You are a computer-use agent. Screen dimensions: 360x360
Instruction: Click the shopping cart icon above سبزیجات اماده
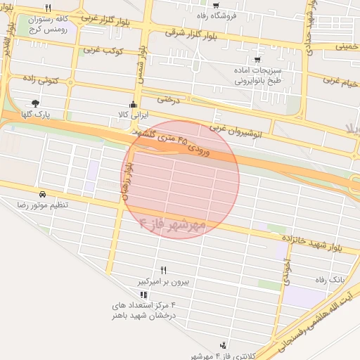click(257, 60)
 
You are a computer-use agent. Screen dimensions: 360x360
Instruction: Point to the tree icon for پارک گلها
click(36, 103)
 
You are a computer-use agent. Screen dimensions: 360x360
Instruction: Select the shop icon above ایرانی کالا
click(134, 105)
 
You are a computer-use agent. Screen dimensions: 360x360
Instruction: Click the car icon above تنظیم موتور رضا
click(43, 193)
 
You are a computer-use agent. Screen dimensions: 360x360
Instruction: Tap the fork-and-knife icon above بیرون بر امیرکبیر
click(164, 270)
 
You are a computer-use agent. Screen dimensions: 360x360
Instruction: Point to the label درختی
click(169, 99)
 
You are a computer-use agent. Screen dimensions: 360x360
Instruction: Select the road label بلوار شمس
click(142, 67)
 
